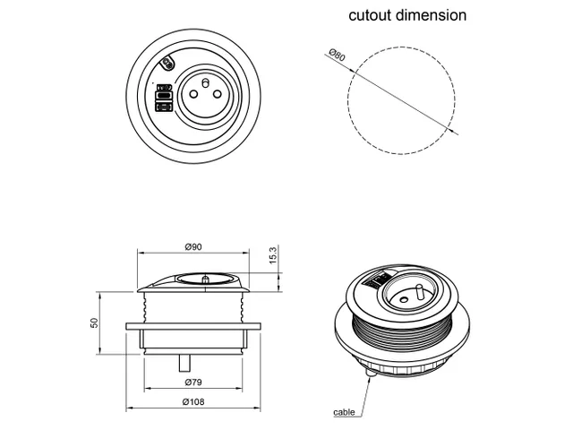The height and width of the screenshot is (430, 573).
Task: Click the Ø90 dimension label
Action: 192,246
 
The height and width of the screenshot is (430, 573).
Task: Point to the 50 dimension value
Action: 95,322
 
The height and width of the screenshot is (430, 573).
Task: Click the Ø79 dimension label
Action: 192,383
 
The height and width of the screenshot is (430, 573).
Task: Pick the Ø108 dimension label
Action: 192,401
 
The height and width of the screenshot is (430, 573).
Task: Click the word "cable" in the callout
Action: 344,412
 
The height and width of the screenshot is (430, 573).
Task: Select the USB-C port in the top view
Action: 164,94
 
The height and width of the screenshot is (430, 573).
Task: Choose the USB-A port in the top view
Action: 164,107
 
